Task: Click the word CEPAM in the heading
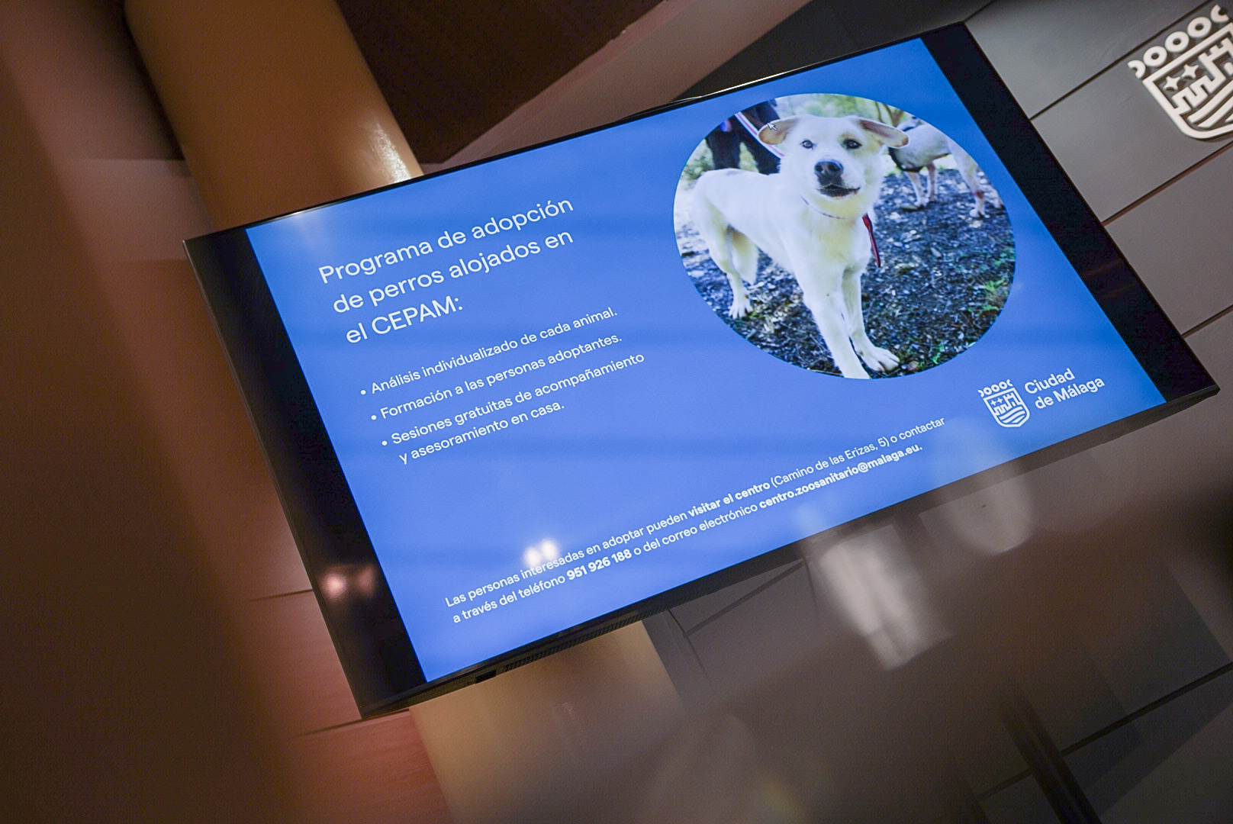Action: tap(417, 317)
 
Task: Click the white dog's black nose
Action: tap(829, 169)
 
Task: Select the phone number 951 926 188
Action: tap(600, 564)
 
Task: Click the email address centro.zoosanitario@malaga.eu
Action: tap(841, 477)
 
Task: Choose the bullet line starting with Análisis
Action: tap(489, 352)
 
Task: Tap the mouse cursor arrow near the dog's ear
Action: tap(772, 127)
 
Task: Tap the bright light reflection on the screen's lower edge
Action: tap(541, 552)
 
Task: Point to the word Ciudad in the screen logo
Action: tap(1049, 381)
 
